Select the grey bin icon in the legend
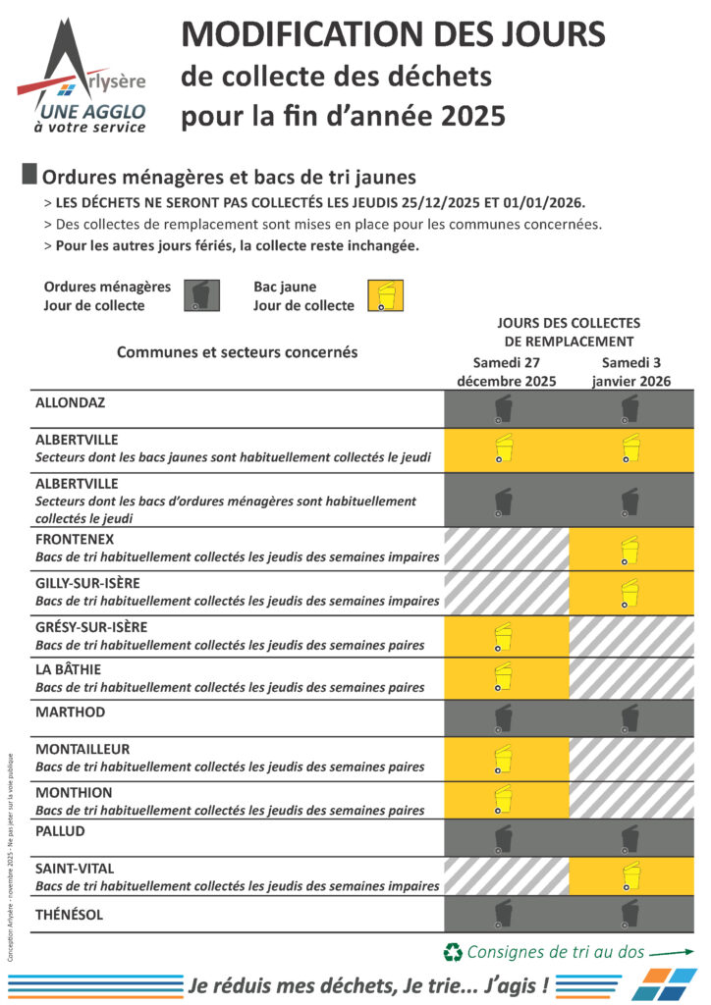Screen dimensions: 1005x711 pos(200,295)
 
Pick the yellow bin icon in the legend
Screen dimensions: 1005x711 pos(384,295)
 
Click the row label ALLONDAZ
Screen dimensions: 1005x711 pos(70,403)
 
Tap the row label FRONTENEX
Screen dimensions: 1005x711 pos(75,539)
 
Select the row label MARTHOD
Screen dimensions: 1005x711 pos(70,712)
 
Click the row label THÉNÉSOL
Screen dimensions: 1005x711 pos(70,915)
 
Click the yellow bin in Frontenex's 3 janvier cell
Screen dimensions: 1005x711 pos(629,550)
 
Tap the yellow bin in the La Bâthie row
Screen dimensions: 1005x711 pos(503,677)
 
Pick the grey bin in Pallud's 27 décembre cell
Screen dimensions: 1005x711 pos(503,837)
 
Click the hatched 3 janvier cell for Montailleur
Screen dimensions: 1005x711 pos(631,759)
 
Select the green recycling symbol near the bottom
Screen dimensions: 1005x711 pos(453,951)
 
